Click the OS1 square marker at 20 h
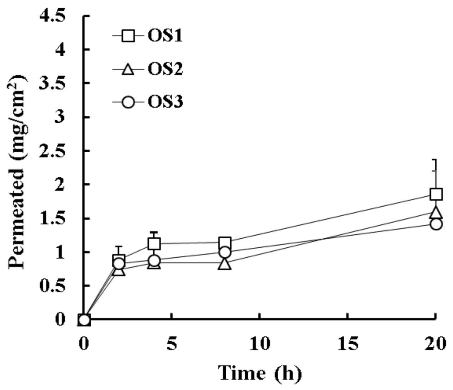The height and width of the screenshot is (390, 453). [x=436, y=194]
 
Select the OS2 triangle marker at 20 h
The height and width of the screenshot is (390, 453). [x=436, y=213]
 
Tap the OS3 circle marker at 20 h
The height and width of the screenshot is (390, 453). [x=436, y=224]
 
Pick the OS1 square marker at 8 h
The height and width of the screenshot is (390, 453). [x=224, y=242]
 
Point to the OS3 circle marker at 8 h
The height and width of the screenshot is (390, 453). [x=224, y=252]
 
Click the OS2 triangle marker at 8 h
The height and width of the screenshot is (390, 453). [x=224, y=264]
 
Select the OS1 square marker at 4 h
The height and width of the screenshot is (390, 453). [x=154, y=244]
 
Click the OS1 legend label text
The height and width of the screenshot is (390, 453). [x=165, y=36]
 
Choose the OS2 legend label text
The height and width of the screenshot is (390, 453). [x=165, y=69]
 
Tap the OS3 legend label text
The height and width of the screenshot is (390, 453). [x=165, y=102]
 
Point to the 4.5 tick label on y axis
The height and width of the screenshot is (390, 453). [x=52, y=16]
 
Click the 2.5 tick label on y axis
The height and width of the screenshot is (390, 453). [x=52, y=151]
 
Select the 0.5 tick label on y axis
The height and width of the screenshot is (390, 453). [x=52, y=286]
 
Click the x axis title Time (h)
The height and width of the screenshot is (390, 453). [x=260, y=373]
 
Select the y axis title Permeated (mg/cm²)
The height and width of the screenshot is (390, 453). [x=17, y=172]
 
